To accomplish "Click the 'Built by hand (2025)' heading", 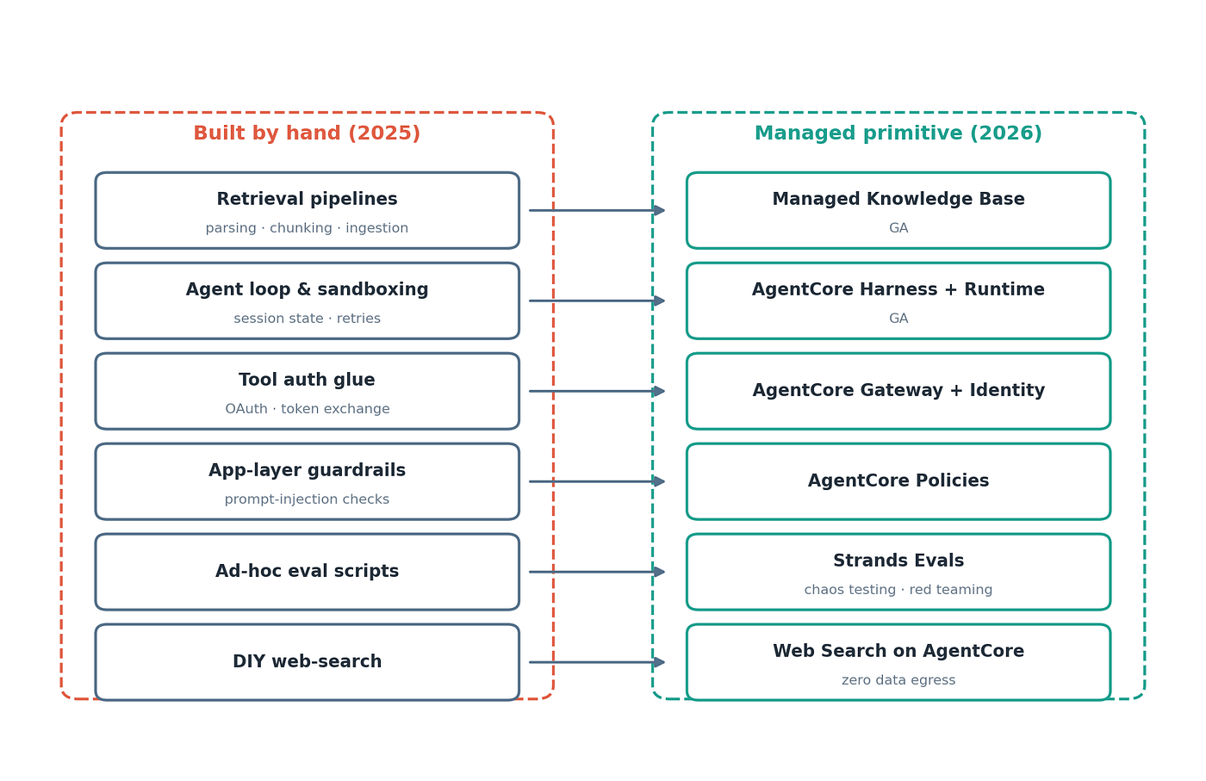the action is click(x=307, y=133).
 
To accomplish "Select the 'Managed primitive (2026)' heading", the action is click(x=898, y=133).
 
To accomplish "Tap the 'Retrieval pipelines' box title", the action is click(x=307, y=199).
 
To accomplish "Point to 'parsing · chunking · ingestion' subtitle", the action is click(x=307, y=227).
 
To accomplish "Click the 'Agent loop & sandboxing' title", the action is click(x=307, y=289).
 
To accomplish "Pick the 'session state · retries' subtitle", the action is click(x=307, y=318).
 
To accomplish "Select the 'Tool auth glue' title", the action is click(x=307, y=380).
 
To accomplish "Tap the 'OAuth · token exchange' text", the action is click(x=307, y=408).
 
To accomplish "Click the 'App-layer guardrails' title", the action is click(x=307, y=470).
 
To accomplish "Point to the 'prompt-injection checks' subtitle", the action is click(x=307, y=499).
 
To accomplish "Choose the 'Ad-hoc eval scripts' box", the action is click(x=307, y=572).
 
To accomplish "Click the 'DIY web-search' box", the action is click(x=307, y=662).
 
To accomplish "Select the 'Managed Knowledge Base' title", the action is click(x=898, y=199).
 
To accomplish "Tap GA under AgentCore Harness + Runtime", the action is click(x=898, y=318).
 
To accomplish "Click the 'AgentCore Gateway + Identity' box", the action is click(x=898, y=391).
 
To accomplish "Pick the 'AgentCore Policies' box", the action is click(x=898, y=481).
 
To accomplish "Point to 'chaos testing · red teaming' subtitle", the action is click(x=898, y=589).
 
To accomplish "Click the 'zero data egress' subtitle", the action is click(x=898, y=679).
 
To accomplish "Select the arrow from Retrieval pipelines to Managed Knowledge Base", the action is click(x=597, y=210).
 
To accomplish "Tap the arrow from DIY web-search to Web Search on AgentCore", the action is click(x=597, y=662).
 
